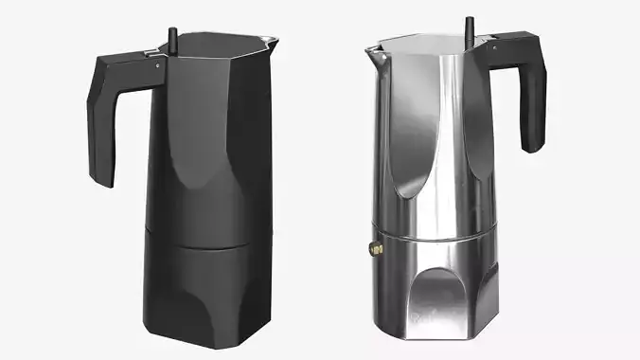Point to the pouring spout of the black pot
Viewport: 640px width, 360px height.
pos(275,41)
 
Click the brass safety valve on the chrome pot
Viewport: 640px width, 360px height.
pos(374,249)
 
